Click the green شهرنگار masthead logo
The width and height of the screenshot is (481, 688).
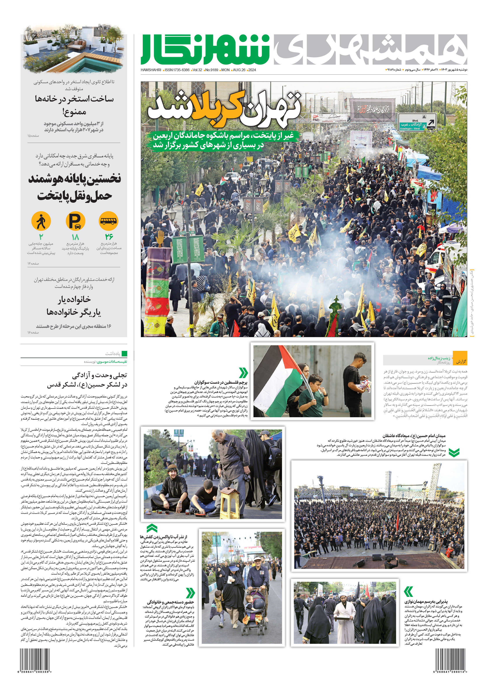(206, 49)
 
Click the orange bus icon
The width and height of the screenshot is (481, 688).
(108, 221)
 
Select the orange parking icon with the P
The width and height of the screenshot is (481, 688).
(75, 221)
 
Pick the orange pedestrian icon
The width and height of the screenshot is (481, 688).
(41, 221)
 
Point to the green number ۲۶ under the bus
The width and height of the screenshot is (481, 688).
(109, 236)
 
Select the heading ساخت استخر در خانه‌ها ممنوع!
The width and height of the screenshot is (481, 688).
(74, 105)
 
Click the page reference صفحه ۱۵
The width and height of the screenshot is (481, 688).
(33, 136)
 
